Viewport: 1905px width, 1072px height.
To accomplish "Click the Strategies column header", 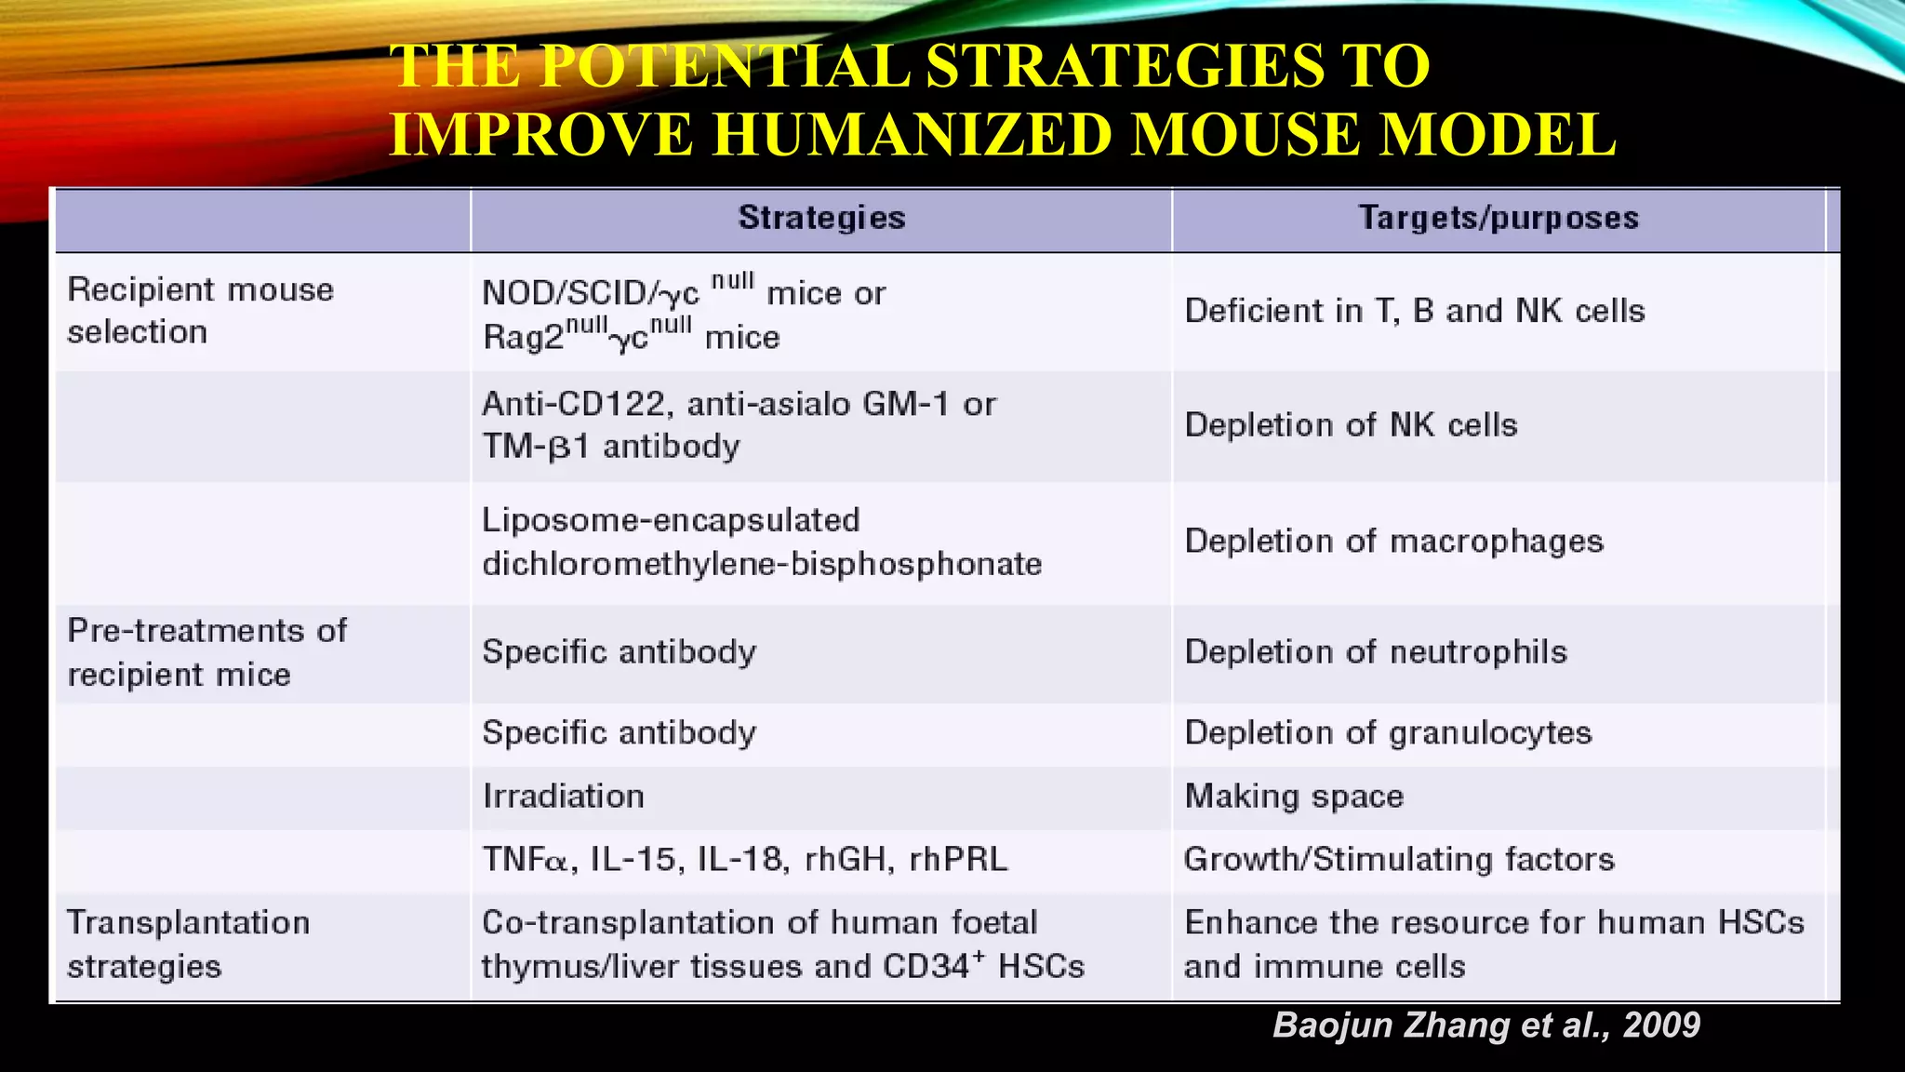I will click(821, 218).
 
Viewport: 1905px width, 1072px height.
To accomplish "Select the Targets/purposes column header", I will click(1498, 218).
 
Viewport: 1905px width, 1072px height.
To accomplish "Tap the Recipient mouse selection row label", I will click(200, 311).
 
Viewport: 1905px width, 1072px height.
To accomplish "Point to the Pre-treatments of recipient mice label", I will click(206, 652).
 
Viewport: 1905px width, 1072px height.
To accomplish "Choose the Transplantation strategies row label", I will click(188, 945).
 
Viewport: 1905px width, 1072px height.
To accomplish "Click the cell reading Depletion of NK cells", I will click(1351, 425).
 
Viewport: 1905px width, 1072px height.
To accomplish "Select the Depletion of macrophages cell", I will click(1393, 542).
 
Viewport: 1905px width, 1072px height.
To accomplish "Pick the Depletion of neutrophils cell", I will click(1375, 652).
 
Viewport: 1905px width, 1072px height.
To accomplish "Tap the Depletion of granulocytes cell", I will click(1388, 733).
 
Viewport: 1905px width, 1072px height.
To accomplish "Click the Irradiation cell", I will click(563, 797).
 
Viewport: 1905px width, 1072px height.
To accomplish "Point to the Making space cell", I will click(1293, 797).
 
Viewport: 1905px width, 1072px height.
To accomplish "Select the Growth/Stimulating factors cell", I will click(1398, 859).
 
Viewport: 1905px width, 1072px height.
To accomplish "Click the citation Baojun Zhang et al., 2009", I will click(1485, 1025).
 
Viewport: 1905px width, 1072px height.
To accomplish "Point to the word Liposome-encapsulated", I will click(671, 520).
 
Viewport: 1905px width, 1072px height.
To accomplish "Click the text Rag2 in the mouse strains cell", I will click(523, 337).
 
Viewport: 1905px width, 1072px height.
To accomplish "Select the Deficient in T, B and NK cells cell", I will click(1414, 311).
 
